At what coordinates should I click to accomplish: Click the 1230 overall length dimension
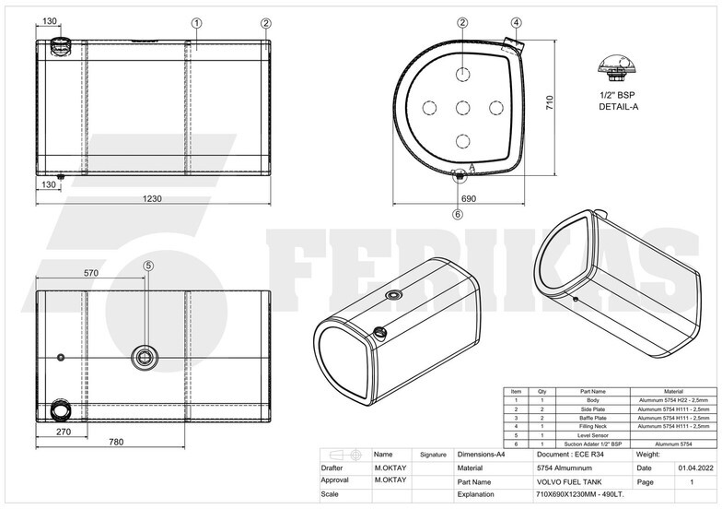coord(153,199)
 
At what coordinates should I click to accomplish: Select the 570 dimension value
coord(91,273)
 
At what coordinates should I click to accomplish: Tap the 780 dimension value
coord(116,443)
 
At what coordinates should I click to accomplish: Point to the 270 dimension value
coord(64,431)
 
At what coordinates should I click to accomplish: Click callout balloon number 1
coord(196,22)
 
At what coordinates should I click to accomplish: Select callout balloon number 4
coord(517,22)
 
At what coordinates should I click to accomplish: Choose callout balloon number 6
coord(458,214)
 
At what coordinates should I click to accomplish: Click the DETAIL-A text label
coord(618,107)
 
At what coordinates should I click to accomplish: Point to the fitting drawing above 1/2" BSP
coord(618,66)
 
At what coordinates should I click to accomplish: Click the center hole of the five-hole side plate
coord(463,108)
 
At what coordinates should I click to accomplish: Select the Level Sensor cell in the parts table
coord(586,435)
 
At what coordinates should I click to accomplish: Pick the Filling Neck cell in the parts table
coord(586,426)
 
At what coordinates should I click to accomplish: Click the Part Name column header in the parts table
coord(586,392)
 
